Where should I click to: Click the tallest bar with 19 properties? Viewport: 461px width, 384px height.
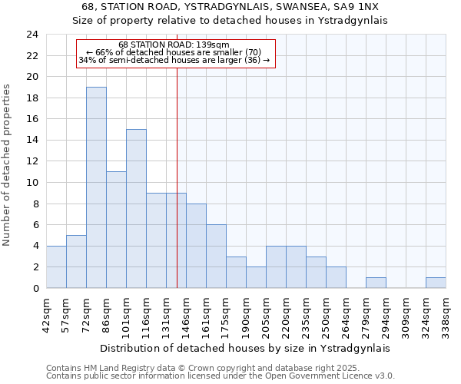pos(96,187)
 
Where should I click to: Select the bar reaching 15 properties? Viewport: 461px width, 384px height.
pos(136,209)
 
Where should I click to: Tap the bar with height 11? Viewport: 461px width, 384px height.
pos(116,230)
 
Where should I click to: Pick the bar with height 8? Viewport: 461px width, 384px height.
pos(196,246)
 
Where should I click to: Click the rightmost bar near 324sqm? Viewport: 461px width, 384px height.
pos(436,283)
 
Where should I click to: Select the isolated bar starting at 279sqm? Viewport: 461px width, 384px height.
pos(376,283)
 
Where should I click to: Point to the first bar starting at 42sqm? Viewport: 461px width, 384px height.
pos(56,267)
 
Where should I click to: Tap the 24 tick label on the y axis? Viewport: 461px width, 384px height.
pos(32,35)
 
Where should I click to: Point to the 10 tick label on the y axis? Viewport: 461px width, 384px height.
pos(32,183)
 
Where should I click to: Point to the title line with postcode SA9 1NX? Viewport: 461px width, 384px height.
pos(230,6)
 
